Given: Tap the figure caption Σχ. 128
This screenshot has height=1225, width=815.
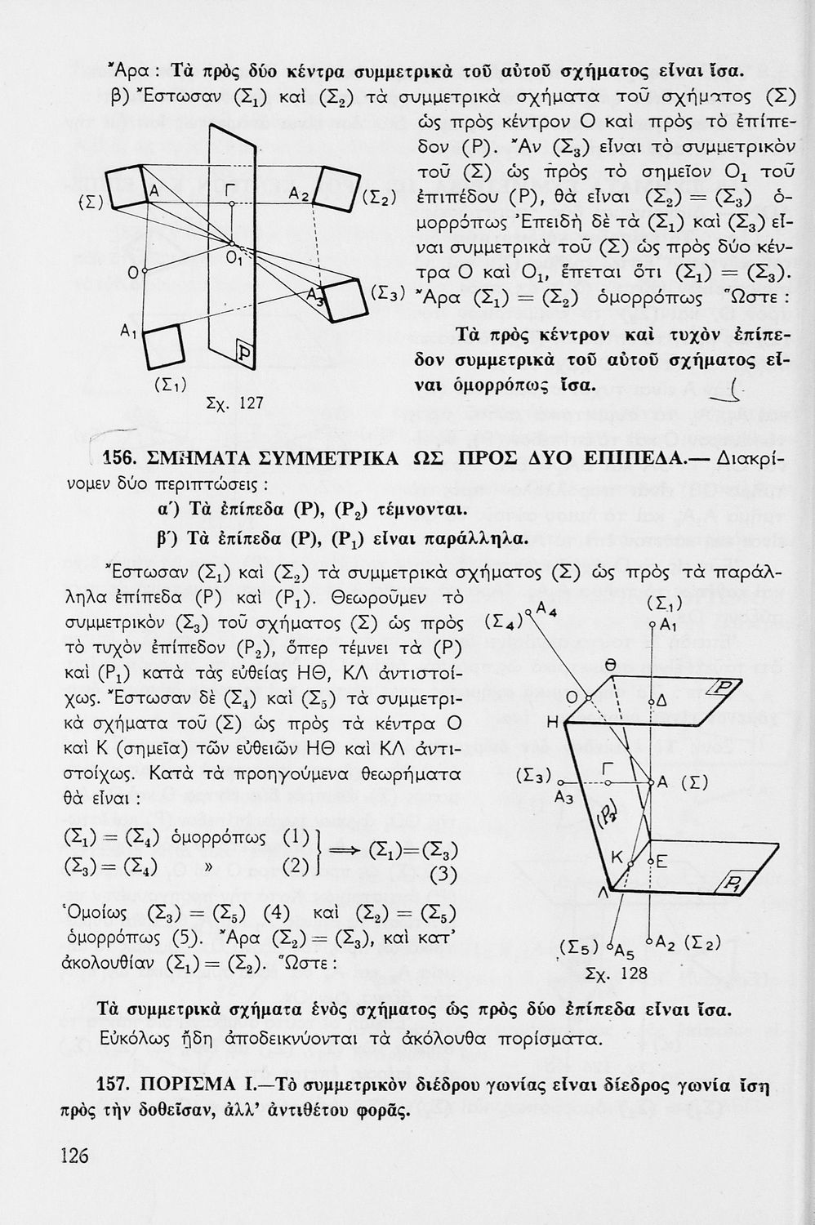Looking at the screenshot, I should point(617,973).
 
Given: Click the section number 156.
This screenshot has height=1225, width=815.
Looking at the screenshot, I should point(126,458).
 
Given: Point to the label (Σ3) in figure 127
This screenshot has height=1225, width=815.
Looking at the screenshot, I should point(385,292).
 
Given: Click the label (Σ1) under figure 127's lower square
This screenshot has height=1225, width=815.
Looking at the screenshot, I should point(170,382).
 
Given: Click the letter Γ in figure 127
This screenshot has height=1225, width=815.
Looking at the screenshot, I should point(231,189).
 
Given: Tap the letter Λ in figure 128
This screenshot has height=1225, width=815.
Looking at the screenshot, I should point(603,894).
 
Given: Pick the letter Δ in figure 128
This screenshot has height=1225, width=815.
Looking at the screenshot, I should point(662,701).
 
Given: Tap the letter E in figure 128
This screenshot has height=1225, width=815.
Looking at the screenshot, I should point(662,861).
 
